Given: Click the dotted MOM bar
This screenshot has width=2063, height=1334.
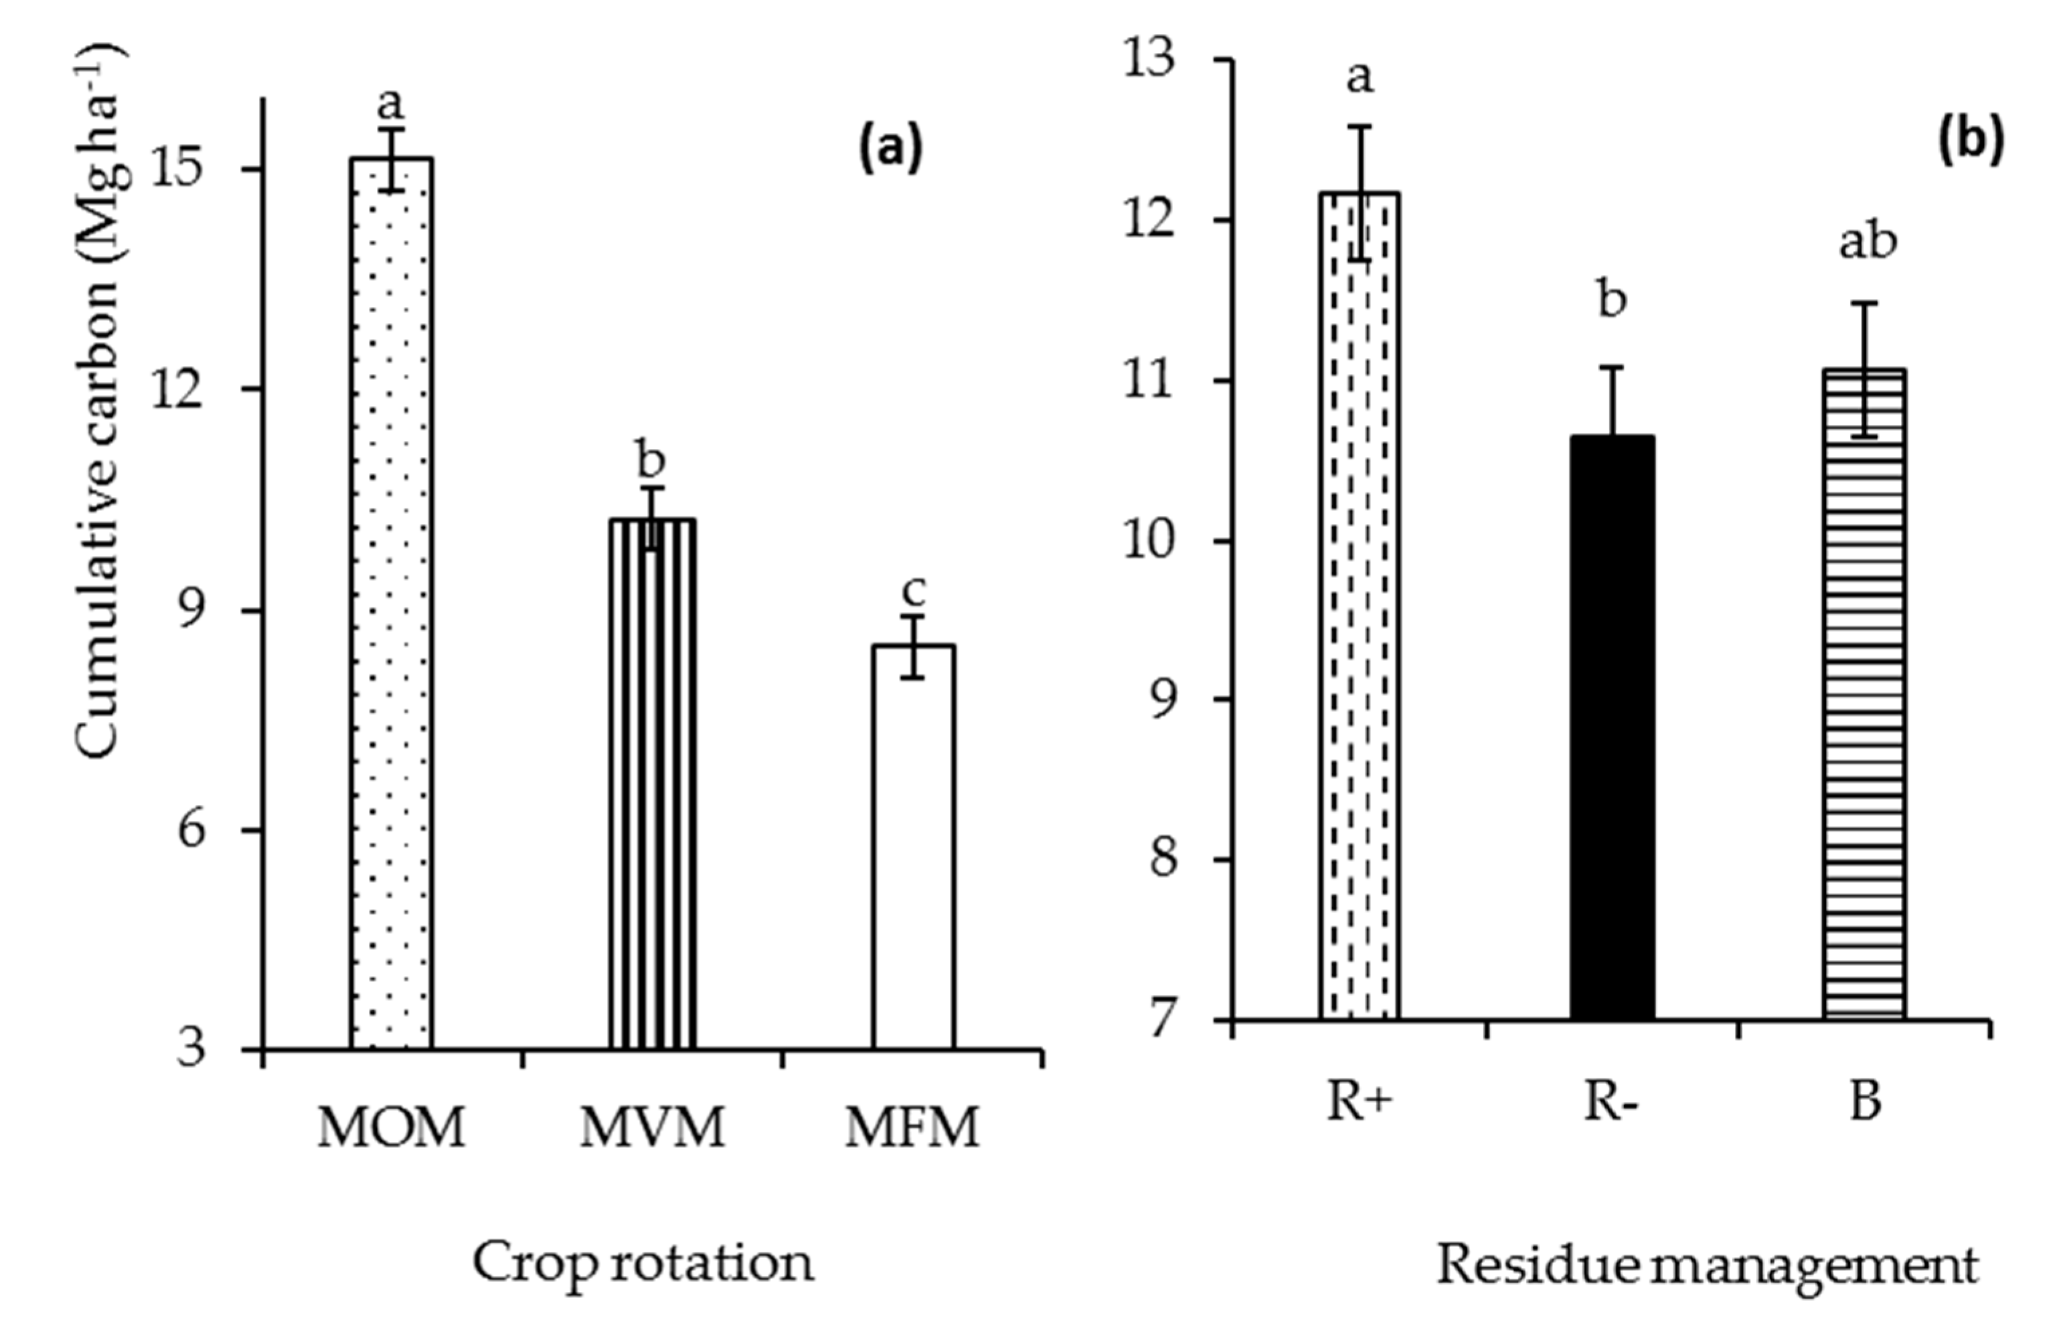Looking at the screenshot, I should tap(391, 606).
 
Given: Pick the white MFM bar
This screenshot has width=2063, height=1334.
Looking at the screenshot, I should tap(913, 849).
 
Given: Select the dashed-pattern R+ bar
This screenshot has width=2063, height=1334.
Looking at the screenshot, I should tap(1359, 606).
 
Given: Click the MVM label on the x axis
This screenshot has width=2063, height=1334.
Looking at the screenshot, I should tap(651, 1128).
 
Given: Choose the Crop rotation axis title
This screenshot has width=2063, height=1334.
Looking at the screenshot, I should tap(643, 1264).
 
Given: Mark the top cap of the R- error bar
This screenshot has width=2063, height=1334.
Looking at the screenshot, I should tap(1613, 367).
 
